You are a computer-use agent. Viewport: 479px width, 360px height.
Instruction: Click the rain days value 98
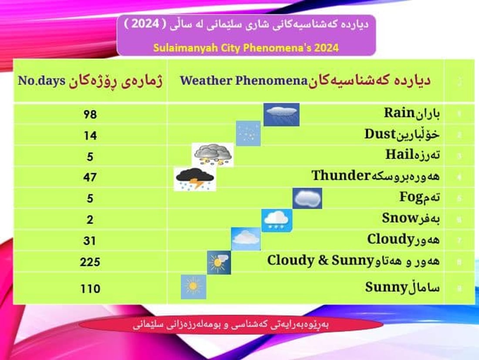90,114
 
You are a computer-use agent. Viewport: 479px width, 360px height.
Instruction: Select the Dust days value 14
90,135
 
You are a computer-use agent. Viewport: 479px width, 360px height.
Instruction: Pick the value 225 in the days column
90,262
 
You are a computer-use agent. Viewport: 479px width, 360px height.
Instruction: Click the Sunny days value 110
90,288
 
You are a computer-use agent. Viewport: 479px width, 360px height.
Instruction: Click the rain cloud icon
282,114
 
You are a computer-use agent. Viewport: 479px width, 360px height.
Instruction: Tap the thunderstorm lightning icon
194,179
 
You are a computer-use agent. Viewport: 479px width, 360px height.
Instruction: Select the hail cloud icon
213,155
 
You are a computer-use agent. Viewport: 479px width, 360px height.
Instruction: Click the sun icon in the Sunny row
193,286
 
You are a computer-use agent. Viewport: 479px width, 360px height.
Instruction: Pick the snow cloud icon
277,220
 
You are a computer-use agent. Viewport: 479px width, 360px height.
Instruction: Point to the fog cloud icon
307,198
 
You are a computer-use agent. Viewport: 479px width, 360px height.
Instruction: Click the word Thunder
341,176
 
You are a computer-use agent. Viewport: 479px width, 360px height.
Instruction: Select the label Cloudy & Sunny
320,261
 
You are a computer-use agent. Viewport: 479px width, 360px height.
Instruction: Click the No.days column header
41,81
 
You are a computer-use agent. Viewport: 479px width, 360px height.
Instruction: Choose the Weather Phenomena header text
244,81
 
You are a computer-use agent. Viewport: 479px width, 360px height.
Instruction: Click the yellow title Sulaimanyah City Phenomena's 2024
246,47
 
